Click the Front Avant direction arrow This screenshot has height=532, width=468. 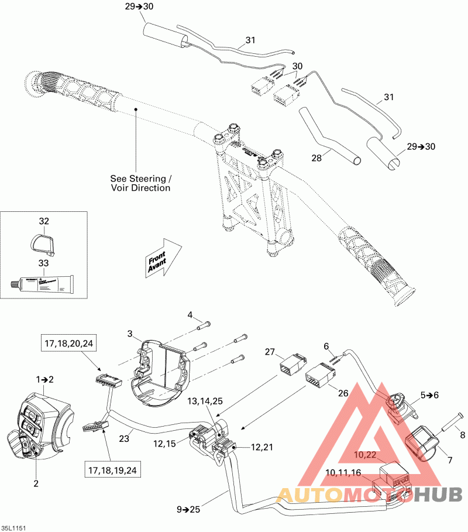(161, 257)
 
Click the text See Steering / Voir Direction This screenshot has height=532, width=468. (141, 183)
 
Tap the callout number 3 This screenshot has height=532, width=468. (129, 334)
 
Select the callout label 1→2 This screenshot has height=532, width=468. (45, 379)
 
